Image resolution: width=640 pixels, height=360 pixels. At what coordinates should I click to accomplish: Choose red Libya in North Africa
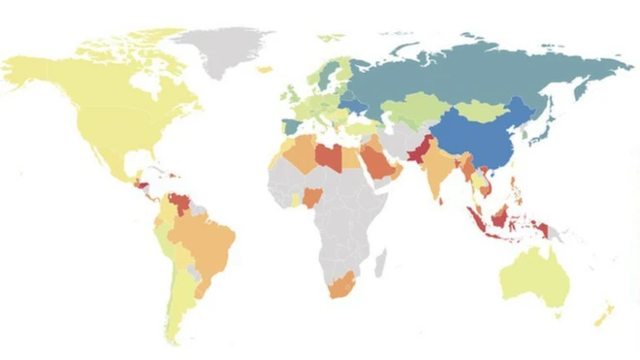331,159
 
